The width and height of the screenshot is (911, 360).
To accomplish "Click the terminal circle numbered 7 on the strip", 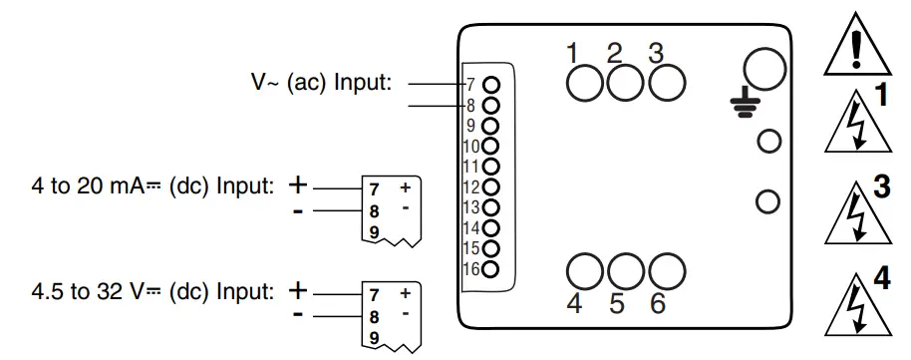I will pos(490,85).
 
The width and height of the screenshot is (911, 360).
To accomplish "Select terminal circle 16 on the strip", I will pos(490,268).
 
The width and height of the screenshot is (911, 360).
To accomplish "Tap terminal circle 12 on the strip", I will pos(490,186).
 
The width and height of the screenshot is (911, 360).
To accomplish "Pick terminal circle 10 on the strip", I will pos(490,146).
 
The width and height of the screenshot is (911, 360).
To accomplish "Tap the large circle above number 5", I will pos(625,270).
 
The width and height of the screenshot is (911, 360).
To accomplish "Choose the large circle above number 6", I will pos(667,270).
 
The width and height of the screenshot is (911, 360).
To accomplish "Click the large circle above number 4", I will pos(584,270).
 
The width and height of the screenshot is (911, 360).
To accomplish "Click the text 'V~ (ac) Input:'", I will pos(321,84).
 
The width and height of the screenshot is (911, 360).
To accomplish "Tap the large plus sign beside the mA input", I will pos(298,184).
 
